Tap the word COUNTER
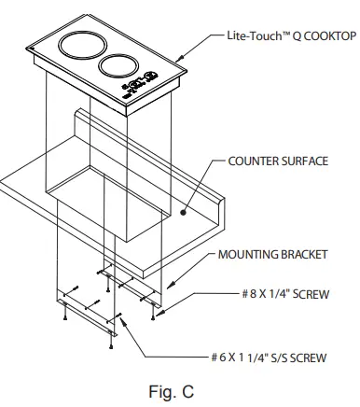253,161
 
